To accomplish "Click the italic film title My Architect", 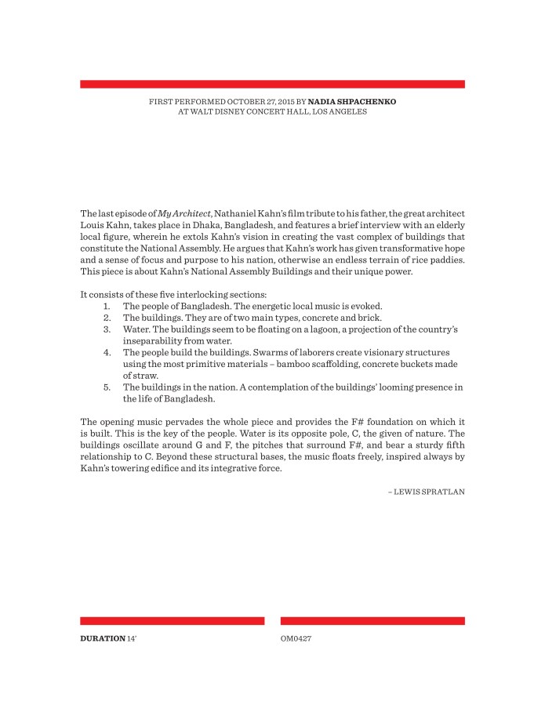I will (184, 214).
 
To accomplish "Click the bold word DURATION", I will (102, 638).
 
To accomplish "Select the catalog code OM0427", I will (296, 638).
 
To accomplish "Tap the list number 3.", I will (107, 329).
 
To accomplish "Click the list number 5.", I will (107, 387).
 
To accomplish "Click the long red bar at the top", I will (272, 84).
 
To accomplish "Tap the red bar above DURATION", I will (172, 621).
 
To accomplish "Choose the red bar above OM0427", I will (372, 621).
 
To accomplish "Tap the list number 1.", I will (107, 306).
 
